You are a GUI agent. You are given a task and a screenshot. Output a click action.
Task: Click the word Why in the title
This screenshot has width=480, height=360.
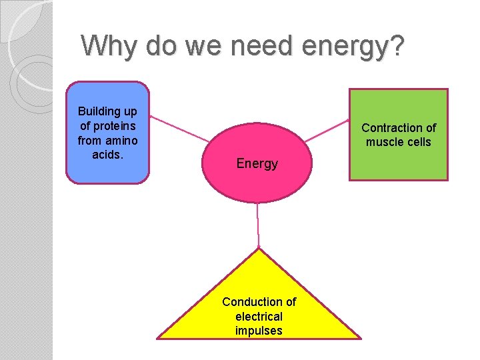(104, 46)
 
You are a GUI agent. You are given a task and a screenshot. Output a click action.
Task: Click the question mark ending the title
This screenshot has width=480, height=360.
(397, 46)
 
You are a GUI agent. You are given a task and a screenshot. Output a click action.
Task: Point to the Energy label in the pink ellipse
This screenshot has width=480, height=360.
(257, 163)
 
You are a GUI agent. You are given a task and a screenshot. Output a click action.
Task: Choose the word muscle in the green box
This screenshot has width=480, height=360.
(382, 142)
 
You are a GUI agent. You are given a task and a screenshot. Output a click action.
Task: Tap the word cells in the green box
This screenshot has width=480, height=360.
(417, 142)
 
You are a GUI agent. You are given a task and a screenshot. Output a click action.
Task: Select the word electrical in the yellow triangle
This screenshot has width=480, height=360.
(259, 317)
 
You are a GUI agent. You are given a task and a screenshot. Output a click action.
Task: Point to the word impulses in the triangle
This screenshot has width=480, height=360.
(259, 331)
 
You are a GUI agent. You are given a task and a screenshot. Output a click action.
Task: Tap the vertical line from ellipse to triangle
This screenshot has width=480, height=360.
(258, 225)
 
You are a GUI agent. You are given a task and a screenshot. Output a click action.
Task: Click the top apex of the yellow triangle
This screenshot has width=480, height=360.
(259, 249)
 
